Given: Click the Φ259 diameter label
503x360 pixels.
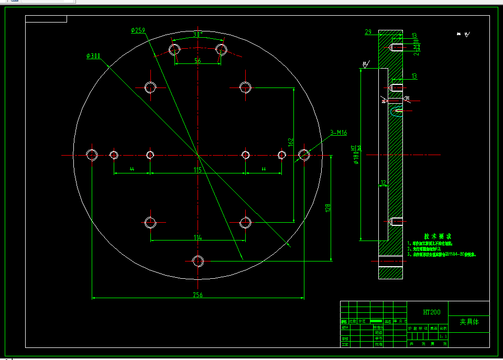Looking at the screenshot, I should coord(138,30).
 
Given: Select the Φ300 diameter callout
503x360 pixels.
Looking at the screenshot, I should coord(94,56).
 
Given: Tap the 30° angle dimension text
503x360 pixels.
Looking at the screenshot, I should coord(198,35).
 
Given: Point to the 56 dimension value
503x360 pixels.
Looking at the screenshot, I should coord(198,61).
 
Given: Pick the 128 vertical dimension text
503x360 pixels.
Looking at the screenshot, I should coord(328,208).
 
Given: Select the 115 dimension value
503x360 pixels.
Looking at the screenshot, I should coord(198,170).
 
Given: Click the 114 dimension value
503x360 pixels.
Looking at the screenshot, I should coord(198,237).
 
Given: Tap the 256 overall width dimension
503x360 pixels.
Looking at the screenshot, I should coord(198,295).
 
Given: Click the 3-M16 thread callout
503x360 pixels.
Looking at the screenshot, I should coord(338,133).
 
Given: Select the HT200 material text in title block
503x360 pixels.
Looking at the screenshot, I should coord(432,312).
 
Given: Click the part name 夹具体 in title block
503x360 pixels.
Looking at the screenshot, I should coord(469,322).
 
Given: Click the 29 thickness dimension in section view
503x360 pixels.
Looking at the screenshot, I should coord(368,32).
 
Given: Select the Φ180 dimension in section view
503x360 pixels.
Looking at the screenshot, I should coord(356,156).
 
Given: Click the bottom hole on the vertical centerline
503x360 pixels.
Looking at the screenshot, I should coord(198,260).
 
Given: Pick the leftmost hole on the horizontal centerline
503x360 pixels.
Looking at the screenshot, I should coord(92,155).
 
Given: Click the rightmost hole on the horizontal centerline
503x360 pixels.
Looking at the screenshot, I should coord(304,155).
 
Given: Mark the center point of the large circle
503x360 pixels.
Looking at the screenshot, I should coord(198,155).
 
